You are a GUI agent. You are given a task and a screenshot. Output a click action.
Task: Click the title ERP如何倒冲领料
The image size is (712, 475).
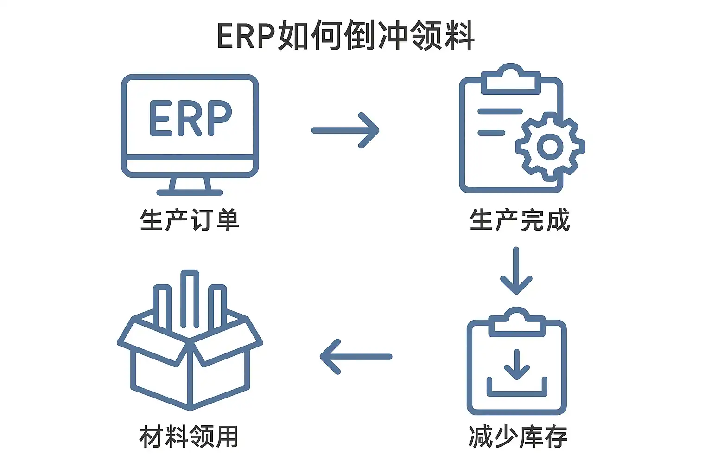(x=346, y=36)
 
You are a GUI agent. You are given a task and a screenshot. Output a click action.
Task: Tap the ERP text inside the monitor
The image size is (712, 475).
(x=190, y=118)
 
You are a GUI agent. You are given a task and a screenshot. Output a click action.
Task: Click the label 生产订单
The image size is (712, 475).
(x=189, y=220)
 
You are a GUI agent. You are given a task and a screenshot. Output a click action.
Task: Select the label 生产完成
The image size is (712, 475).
(x=519, y=220)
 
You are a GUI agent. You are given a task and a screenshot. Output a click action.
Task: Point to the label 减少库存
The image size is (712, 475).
(x=518, y=436)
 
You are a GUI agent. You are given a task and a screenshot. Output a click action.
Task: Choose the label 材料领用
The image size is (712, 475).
(x=189, y=436)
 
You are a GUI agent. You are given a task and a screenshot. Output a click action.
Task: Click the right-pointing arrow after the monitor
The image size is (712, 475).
(x=345, y=130)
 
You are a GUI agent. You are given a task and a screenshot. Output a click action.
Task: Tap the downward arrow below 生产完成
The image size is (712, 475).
(x=516, y=271)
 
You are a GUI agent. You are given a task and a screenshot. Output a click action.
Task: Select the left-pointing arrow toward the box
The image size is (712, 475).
(x=356, y=357)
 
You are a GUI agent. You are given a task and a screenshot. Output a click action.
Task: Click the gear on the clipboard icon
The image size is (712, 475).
(x=550, y=147)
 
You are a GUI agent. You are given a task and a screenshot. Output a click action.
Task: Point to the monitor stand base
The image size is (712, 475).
(x=190, y=192)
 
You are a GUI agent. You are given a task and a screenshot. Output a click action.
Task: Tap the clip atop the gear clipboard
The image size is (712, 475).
(x=510, y=80)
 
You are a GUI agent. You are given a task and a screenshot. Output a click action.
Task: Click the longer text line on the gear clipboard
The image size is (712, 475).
(x=500, y=111)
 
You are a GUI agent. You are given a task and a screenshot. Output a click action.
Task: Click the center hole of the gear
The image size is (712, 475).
(x=550, y=147)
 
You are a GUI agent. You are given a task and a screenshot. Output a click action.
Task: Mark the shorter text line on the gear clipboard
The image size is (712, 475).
(x=491, y=133)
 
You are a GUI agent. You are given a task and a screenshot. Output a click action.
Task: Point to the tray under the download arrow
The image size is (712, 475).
(x=517, y=390)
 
